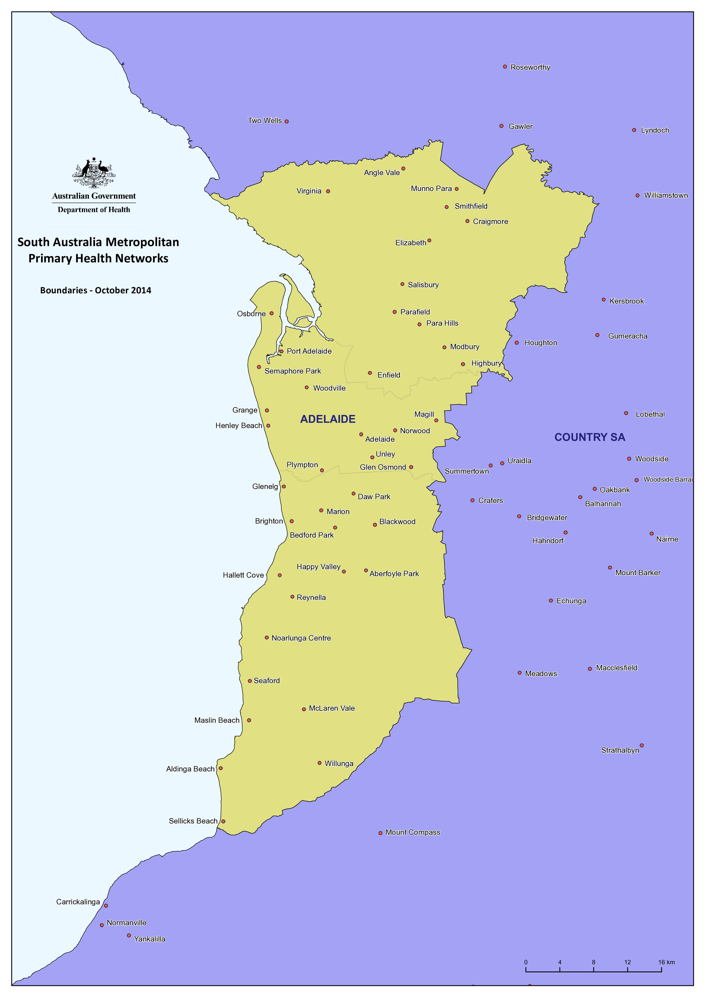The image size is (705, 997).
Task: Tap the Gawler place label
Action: (x=520, y=126)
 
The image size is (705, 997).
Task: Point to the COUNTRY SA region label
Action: (x=589, y=437)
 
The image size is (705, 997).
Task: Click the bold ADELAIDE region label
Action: (x=328, y=419)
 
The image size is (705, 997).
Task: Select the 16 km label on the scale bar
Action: (x=666, y=962)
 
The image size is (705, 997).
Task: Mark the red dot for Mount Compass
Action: (x=380, y=833)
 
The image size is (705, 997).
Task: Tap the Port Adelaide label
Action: (x=309, y=351)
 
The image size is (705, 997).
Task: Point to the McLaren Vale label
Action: (x=332, y=708)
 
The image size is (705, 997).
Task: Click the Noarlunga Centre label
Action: (x=301, y=638)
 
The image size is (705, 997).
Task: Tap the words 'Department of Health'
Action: (x=94, y=210)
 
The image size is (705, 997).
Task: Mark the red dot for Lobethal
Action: (x=626, y=413)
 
